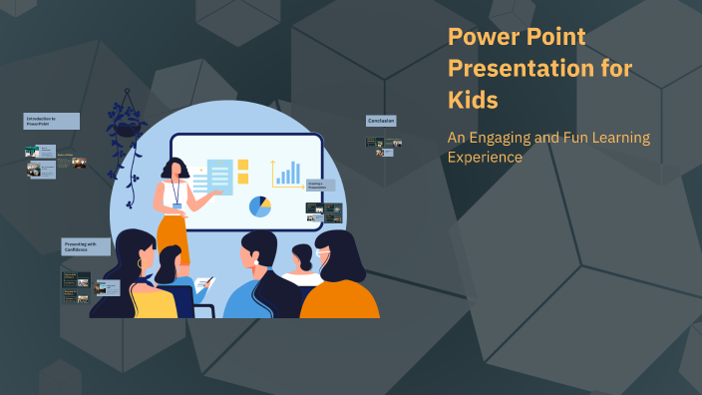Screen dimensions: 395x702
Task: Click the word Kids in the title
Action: point(473,101)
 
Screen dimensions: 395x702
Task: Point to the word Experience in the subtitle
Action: point(485,157)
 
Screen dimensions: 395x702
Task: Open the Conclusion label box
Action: point(381,121)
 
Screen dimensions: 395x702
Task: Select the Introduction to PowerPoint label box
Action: point(51,121)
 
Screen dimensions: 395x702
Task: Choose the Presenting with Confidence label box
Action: point(85,246)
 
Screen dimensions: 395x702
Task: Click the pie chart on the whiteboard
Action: point(259,205)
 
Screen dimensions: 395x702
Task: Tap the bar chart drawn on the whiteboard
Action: point(288,175)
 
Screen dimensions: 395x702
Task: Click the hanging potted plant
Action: point(128,124)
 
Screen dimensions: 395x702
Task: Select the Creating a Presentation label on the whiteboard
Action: point(316,185)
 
